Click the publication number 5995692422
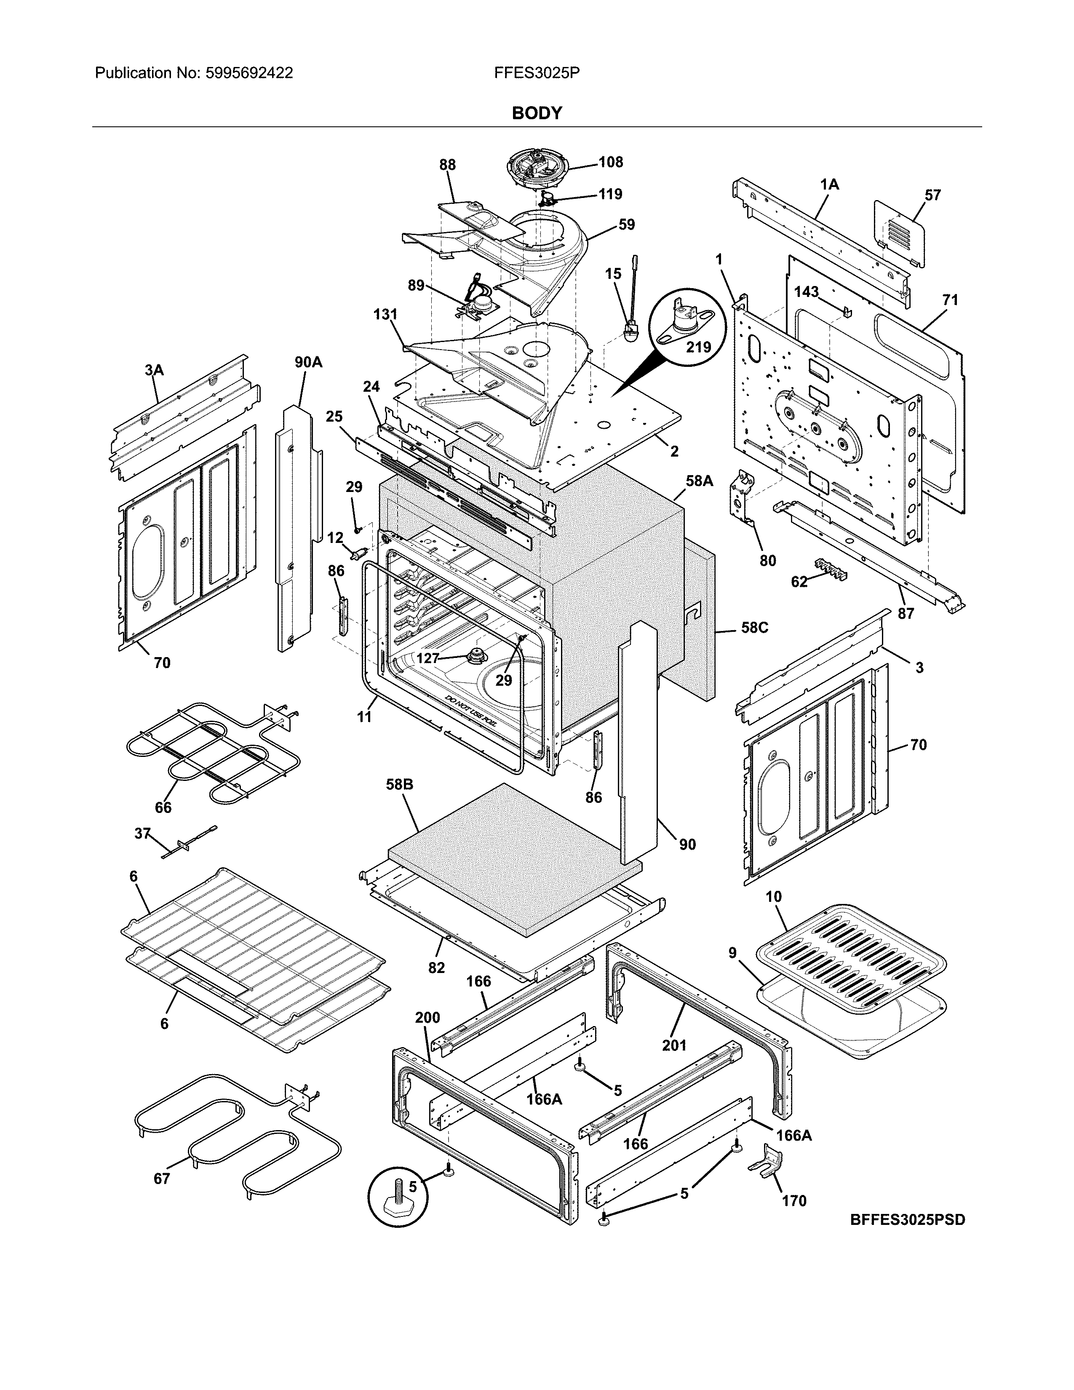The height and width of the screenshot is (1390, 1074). pos(249,73)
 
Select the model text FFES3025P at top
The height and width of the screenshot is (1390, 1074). pos(536,73)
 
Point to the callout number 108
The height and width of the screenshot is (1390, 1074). pos(610,162)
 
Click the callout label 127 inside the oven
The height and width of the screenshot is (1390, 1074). pos(427,658)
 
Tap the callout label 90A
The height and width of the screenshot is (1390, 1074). pos(308,363)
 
